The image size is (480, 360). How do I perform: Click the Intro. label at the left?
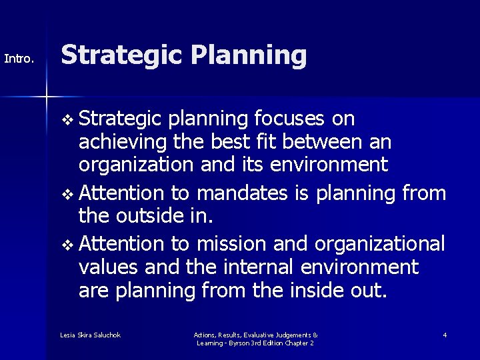[19, 59]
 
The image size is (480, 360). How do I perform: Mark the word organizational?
[379, 244]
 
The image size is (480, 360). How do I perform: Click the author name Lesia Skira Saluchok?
[90, 335]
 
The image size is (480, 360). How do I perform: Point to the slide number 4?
[445, 335]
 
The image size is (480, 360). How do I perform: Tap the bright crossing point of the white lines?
[46, 97]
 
